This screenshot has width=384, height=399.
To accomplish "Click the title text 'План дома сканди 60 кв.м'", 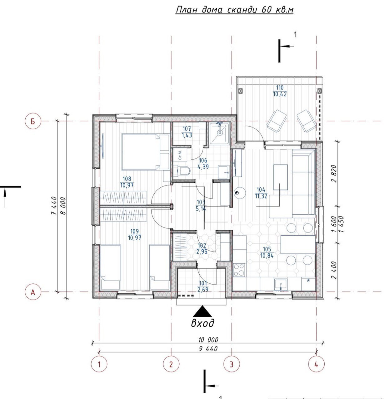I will tap(235, 10).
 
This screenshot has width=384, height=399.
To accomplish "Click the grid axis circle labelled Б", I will tap(33, 121).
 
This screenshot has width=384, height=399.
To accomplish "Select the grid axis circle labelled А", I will tap(33, 292).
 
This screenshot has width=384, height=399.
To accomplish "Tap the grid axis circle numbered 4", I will tap(316, 364).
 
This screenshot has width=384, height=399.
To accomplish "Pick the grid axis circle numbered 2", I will tap(171, 364).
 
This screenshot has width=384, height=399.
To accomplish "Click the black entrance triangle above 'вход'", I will tap(202, 311).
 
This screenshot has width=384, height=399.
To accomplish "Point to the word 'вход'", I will tap(203, 323).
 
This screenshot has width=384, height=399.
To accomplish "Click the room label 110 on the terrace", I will tap(280, 91).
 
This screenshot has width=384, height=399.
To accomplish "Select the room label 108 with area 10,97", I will tap(127, 182).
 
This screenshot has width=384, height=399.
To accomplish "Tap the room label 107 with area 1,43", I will tap(187, 132).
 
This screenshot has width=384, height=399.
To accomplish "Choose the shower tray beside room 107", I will tap(220, 133).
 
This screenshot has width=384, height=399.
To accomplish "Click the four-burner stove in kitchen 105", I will tap(239, 270).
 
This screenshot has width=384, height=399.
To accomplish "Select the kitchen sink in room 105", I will tap(281, 285).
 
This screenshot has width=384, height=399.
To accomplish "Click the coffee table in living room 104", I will tap(281, 177).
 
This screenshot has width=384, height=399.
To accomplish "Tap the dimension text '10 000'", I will tap(208, 340).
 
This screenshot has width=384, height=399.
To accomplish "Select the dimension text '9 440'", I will tap(208, 349).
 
